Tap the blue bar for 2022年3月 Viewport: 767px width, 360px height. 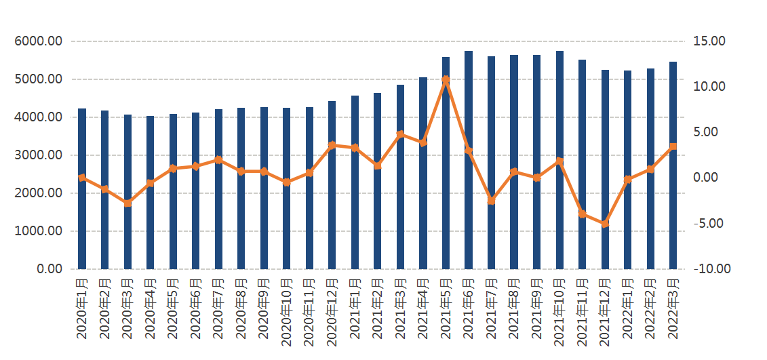[673, 165]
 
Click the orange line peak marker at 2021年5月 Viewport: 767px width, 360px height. [446, 80]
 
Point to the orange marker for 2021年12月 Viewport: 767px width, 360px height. [605, 223]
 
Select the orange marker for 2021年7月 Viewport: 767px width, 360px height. [492, 201]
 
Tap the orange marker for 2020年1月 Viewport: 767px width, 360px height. [82, 178]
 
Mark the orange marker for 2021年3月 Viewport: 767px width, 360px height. [400, 134]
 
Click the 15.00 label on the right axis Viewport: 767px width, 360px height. [709, 41]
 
